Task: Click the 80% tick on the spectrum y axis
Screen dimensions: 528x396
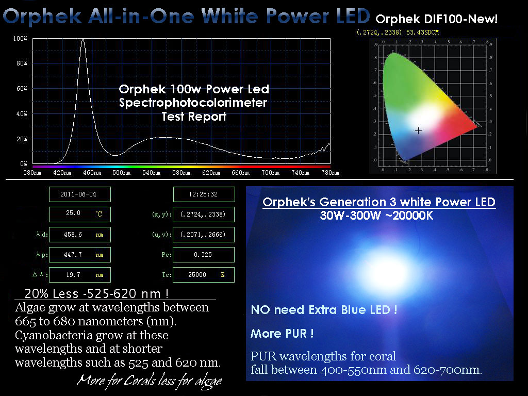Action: pyautogui.click(x=22, y=63)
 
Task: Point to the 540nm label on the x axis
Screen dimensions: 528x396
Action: pyautogui.click(x=151, y=173)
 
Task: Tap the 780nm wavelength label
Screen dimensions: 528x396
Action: pyautogui.click(x=331, y=173)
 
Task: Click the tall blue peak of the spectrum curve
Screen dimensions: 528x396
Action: pyautogui.click(x=83, y=40)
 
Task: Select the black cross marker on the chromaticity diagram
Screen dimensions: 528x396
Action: pyautogui.click(x=418, y=130)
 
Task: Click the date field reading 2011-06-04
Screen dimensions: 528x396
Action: pyautogui.click(x=80, y=194)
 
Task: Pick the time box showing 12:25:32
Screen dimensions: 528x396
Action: pyautogui.click(x=204, y=194)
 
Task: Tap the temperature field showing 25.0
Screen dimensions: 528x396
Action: pyautogui.click(x=80, y=214)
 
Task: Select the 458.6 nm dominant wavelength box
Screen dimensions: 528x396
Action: pyautogui.click(x=80, y=235)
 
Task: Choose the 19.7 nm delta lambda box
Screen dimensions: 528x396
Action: pyautogui.click(x=80, y=275)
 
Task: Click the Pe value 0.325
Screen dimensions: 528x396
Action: pyautogui.click(x=203, y=255)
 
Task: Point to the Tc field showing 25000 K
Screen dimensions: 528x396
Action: pyautogui.click(x=203, y=275)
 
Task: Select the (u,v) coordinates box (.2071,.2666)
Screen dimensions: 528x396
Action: pyautogui.click(x=203, y=235)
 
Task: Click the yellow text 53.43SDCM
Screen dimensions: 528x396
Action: pyautogui.click(x=422, y=32)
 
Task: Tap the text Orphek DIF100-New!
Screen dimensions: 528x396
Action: pyautogui.click(x=436, y=19)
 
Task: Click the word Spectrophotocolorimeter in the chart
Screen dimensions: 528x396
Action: pyautogui.click(x=193, y=103)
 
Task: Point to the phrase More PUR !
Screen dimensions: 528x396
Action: pyautogui.click(x=282, y=334)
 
